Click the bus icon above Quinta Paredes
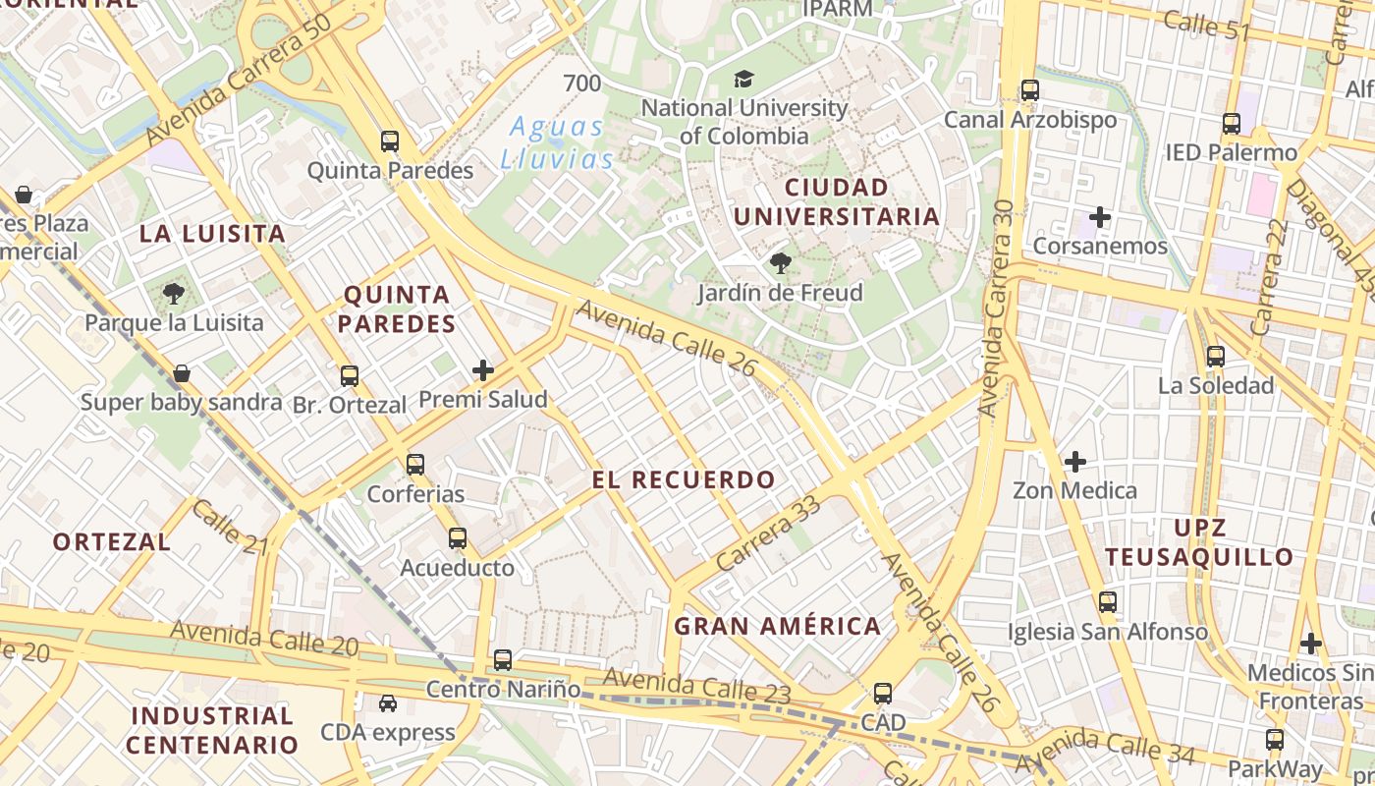[x=390, y=141]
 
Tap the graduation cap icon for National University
[x=744, y=79]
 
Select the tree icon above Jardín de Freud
[x=781, y=263]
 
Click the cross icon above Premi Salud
[x=483, y=370]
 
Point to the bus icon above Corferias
[x=415, y=464]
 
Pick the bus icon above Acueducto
[x=458, y=538]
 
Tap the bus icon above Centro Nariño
[x=503, y=659]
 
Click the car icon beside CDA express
[x=388, y=703]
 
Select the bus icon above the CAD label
[x=883, y=694]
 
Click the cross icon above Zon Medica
[x=1075, y=460]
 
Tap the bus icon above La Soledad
[x=1216, y=357]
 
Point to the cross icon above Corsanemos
[x=1100, y=217]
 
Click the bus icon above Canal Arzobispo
[x=1030, y=90]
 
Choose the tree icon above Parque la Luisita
[x=174, y=293]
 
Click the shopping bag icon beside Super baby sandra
[x=181, y=373]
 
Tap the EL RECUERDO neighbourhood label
[x=684, y=479]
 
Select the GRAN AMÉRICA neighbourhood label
[x=778, y=626]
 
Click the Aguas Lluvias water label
[x=557, y=142]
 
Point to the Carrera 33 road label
[x=768, y=533]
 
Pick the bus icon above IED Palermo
[x=1232, y=124]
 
